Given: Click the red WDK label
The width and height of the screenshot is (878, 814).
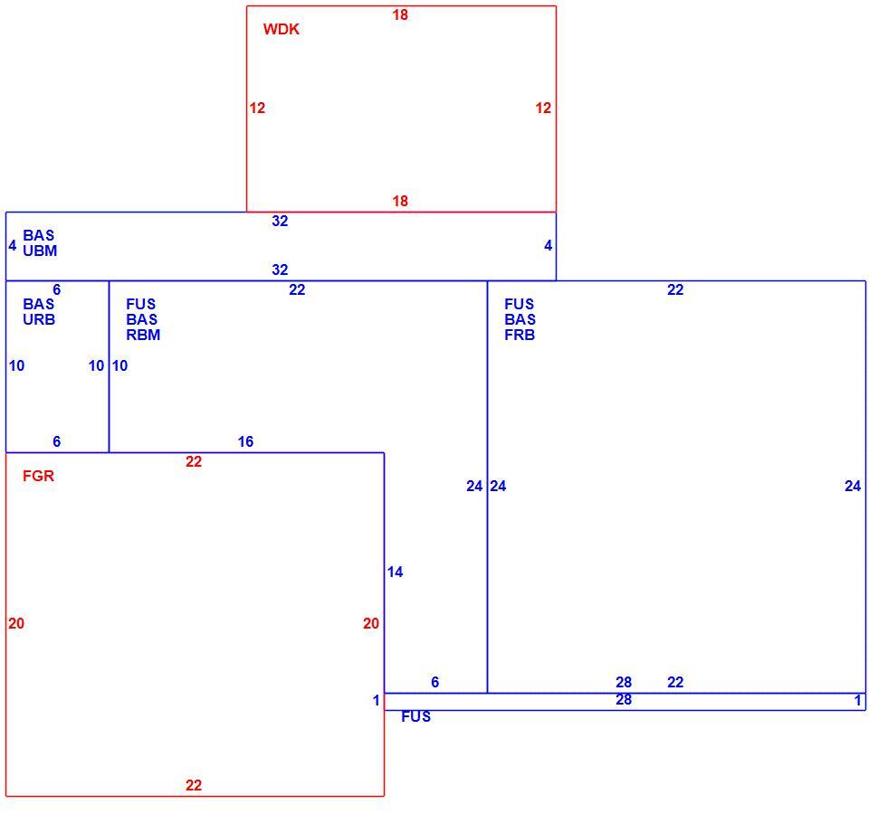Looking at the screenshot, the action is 282,29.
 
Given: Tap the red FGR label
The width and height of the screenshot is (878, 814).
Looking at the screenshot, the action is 38,476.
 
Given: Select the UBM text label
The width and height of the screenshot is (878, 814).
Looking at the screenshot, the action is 40,251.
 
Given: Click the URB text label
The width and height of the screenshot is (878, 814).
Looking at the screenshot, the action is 39,319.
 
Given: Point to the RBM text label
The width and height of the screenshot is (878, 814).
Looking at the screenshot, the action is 143,335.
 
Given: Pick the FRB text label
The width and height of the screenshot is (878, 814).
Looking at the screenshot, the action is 520,335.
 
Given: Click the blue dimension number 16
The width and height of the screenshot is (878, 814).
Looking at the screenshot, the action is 245,441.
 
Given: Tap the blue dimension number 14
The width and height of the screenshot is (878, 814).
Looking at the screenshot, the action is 395,572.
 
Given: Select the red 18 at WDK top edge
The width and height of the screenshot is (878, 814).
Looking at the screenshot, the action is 400,15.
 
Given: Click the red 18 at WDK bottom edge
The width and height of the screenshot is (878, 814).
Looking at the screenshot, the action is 400,201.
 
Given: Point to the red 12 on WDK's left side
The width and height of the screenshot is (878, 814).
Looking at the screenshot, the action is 257,108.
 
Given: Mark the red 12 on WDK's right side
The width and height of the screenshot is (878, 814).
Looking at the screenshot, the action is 543,108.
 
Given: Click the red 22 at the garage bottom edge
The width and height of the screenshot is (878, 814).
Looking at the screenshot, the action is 194,785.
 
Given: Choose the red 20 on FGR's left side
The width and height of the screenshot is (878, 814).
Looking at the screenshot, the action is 16,623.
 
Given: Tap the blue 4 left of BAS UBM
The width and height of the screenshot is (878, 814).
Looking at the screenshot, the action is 13,246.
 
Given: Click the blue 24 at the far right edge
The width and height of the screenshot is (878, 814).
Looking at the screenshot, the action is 853,487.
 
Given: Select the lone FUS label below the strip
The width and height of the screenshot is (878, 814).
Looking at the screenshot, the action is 416,716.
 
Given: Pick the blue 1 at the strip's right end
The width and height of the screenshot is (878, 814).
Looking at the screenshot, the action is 857,700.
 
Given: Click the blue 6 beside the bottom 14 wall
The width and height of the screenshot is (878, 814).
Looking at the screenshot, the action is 435,682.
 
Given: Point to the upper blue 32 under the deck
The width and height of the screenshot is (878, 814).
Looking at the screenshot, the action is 280,221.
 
